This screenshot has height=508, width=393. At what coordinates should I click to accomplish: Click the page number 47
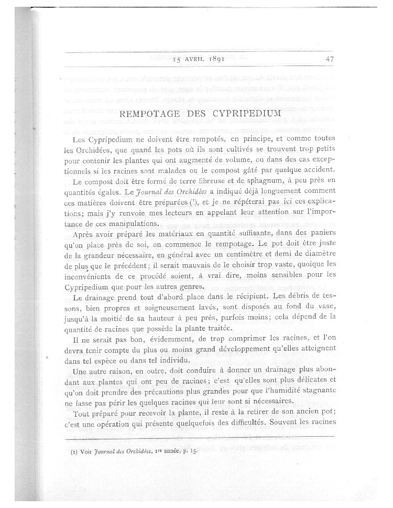(x=330, y=59)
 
